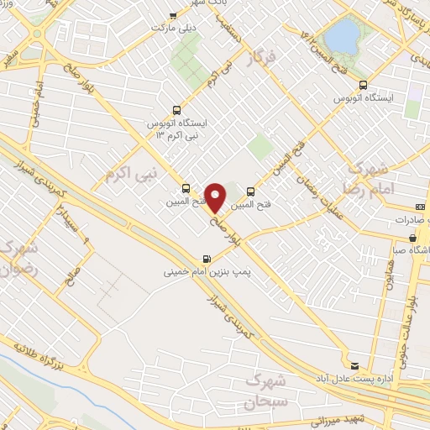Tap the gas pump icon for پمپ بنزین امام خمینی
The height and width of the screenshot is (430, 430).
[207, 259]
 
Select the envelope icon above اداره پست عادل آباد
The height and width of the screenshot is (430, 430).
[354, 365]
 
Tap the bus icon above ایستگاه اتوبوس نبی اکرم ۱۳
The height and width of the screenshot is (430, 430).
[176, 109]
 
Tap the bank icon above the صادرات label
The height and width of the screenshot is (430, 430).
[420, 207]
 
